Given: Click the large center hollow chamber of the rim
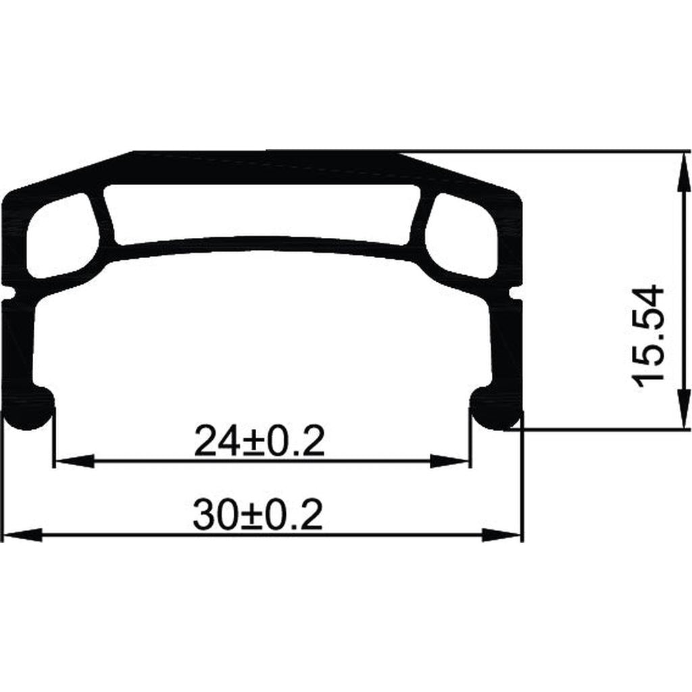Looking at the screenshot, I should tap(264, 212).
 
